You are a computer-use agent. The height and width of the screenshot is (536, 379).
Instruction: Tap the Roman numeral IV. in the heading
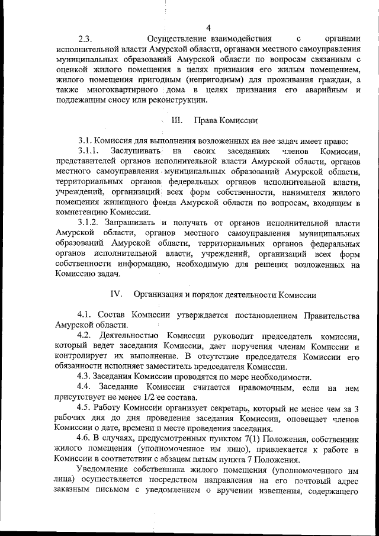pyautogui.click(x=116, y=294)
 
